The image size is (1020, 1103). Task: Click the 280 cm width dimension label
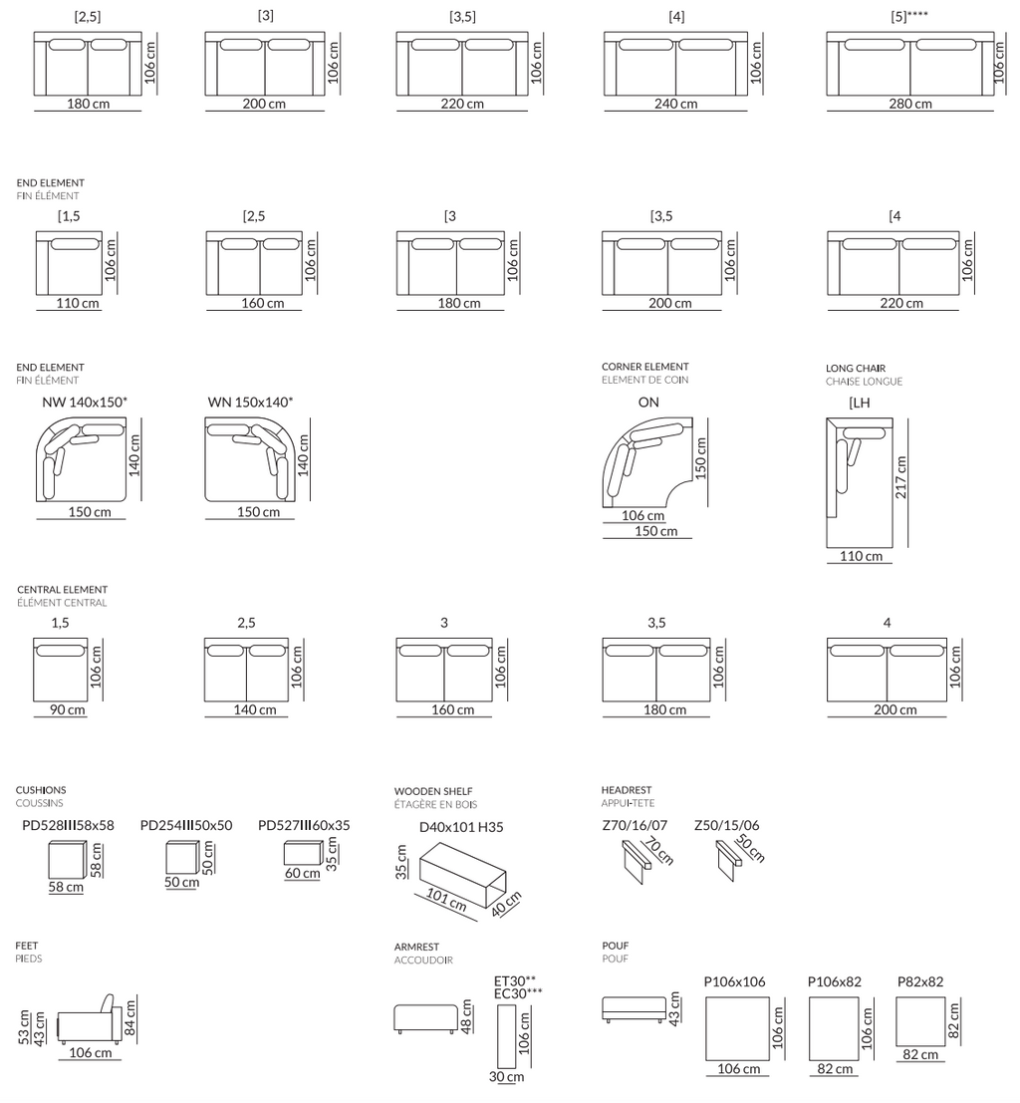(910, 104)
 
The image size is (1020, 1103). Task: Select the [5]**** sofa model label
(908, 16)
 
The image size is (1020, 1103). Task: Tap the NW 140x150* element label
(85, 403)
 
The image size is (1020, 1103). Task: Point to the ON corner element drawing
(647, 462)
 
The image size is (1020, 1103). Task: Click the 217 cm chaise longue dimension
(901, 477)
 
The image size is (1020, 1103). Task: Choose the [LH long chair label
(860, 404)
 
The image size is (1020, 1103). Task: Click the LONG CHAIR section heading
(856, 368)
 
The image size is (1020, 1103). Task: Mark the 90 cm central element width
(68, 709)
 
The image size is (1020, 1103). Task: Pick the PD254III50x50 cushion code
(185, 825)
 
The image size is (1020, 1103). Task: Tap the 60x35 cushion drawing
(303, 853)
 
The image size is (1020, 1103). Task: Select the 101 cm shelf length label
(446, 901)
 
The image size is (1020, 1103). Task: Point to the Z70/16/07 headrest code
(635, 825)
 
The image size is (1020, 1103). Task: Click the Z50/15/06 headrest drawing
(729, 862)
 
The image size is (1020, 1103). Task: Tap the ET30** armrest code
(515, 980)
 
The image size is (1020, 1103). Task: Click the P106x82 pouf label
(835, 982)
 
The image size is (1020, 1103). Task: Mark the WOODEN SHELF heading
(433, 791)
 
